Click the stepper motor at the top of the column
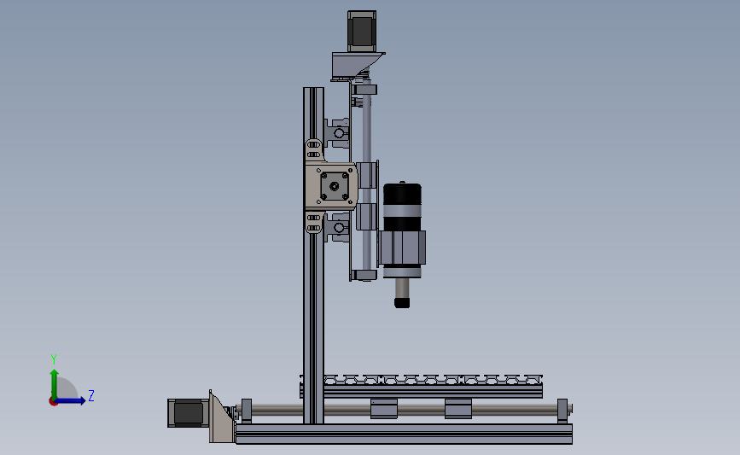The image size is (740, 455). [362, 31]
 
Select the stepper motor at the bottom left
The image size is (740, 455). [188, 413]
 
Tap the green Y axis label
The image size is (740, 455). [54, 359]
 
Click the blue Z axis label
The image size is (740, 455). [91, 395]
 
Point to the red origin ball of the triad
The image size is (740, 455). [53, 402]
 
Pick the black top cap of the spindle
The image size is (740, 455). [402, 194]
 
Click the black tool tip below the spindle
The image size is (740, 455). [402, 302]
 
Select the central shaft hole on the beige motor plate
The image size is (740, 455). [334, 186]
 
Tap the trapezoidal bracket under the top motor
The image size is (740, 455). [358, 65]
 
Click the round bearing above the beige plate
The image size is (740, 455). [340, 133]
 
